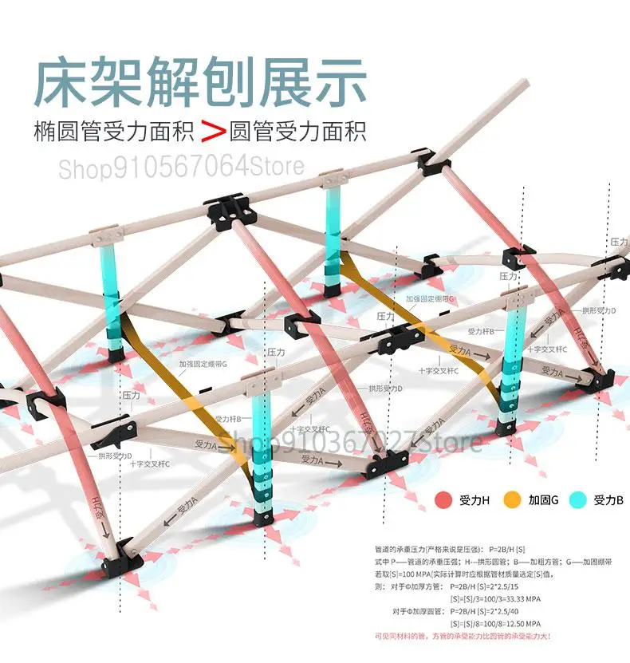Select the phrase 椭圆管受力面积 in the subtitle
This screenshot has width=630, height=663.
pyautogui.click(x=114, y=130)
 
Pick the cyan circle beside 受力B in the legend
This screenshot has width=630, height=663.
pyautogui.click(x=577, y=500)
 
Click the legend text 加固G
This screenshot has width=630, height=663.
pyautogui.click(x=543, y=501)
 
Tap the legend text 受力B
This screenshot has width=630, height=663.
pyautogui.click(x=608, y=501)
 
